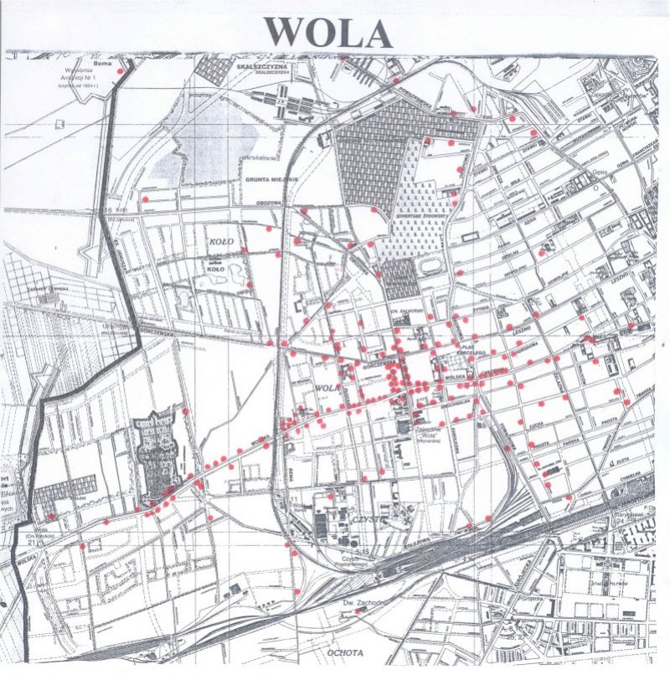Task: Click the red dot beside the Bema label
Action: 121,72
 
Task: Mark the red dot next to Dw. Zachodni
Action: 358,611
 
